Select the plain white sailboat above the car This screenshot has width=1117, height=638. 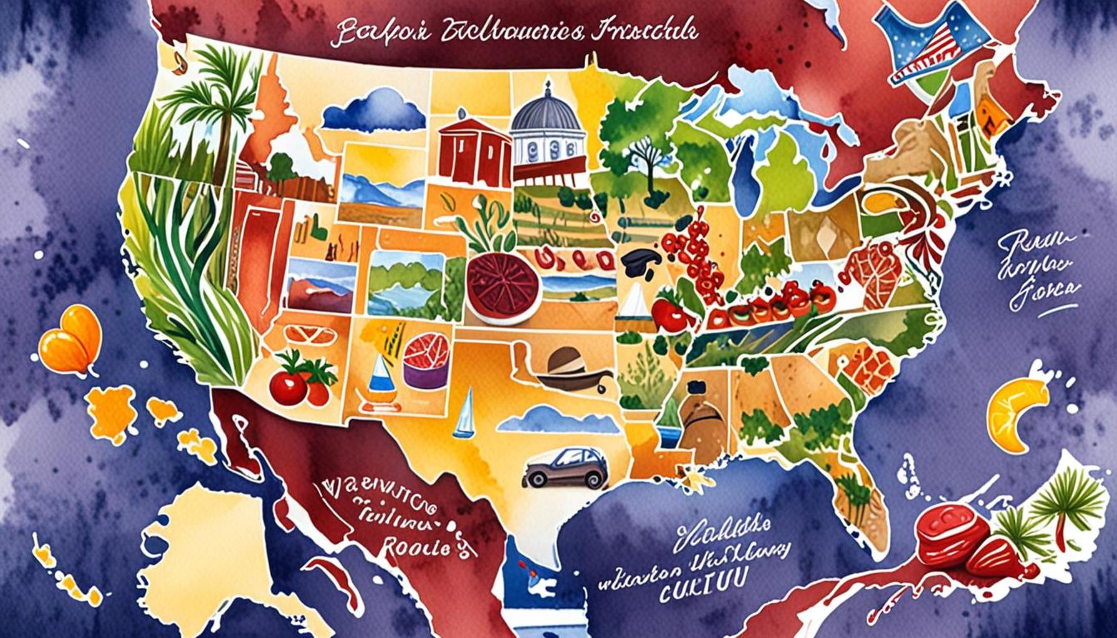pyautogui.click(x=464, y=414)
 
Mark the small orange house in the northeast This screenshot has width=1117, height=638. pyautogui.click(x=991, y=115)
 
